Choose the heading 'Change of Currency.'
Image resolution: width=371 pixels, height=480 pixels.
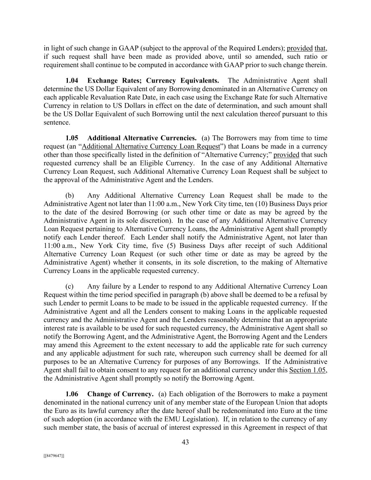(x=120, y=394)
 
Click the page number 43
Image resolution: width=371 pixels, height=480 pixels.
(x=185, y=442)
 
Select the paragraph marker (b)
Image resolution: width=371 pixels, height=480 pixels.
(x=70, y=196)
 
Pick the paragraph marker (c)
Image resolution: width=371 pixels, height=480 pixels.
(x=70, y=286)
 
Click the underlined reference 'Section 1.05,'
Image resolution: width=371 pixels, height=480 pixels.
(x=308, y=370)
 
